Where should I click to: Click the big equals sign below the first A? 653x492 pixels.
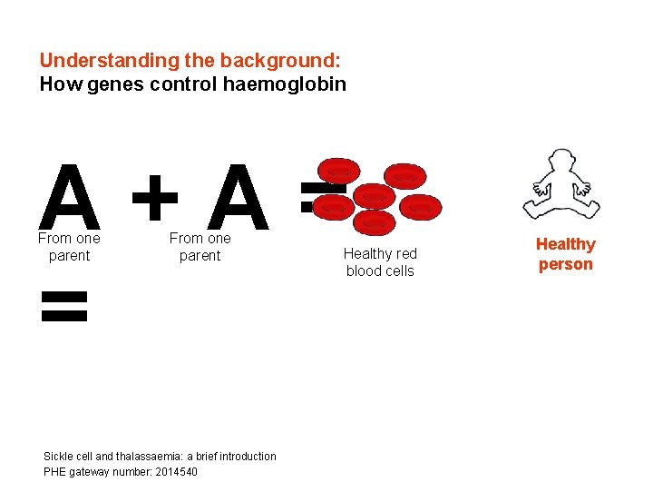coord(65,307)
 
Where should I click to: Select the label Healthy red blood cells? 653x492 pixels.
coord(380,262)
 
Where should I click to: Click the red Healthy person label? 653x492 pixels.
coord(565,254)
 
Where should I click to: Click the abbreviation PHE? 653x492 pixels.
coord(54,472)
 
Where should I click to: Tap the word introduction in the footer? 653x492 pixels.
coord(246,457)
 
